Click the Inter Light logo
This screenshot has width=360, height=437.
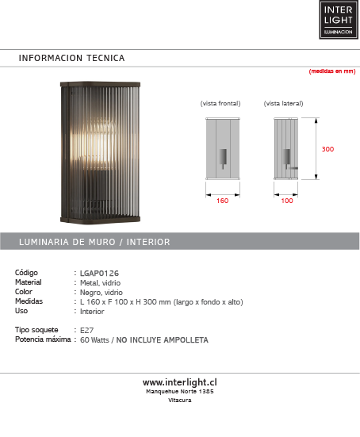(338, 20)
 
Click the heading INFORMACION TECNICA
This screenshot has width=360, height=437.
(71, 58)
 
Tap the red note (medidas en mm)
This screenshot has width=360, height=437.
(331, 71)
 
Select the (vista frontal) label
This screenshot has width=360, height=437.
(220, 104)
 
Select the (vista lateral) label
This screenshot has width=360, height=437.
(283, 104)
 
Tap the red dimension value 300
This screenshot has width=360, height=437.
(327, 149)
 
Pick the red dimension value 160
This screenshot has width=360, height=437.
(222, 201)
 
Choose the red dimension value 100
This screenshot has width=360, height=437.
(287, 201)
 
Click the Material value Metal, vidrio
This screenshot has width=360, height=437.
(101, 282)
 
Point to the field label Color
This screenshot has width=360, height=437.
(25, 292)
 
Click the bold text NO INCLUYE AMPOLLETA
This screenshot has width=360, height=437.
(163, 339)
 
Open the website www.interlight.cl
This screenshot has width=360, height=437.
(180, 381)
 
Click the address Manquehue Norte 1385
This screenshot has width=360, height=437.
(180, 391)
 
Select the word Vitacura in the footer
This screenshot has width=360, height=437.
(180, 400)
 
